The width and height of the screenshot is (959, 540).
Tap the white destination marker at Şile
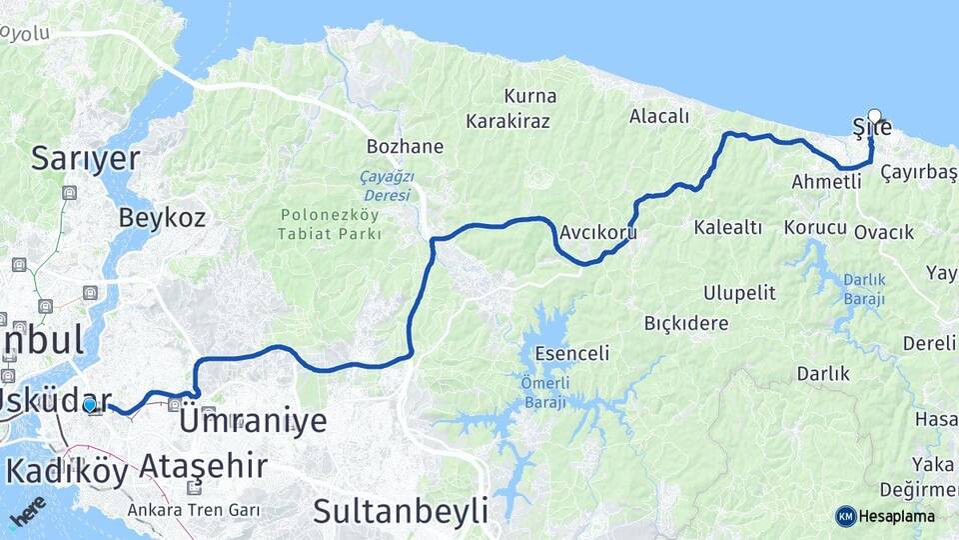pos(875,116)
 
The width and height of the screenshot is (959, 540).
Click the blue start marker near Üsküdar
pos(90,405)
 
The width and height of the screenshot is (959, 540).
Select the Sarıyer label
pos(85,158)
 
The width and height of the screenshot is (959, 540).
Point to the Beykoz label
pos(162,217)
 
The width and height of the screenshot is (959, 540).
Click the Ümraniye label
pos(253,422)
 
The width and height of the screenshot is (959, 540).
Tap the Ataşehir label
pos(203,466)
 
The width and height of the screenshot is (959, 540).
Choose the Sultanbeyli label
pos(401,510)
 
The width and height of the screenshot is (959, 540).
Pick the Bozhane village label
pos(405,147)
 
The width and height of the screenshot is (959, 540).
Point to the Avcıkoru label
pos(598,233)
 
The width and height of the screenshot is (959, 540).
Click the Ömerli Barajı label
pos(543,393)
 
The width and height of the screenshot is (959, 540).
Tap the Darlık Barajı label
pos(864,289)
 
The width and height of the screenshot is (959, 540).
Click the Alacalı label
pos(659,116)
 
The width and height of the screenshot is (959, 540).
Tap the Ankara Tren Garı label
pos(194,510)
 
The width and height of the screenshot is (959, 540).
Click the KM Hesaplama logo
pos(885,516)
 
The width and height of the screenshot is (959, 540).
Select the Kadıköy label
pos(67,472)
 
